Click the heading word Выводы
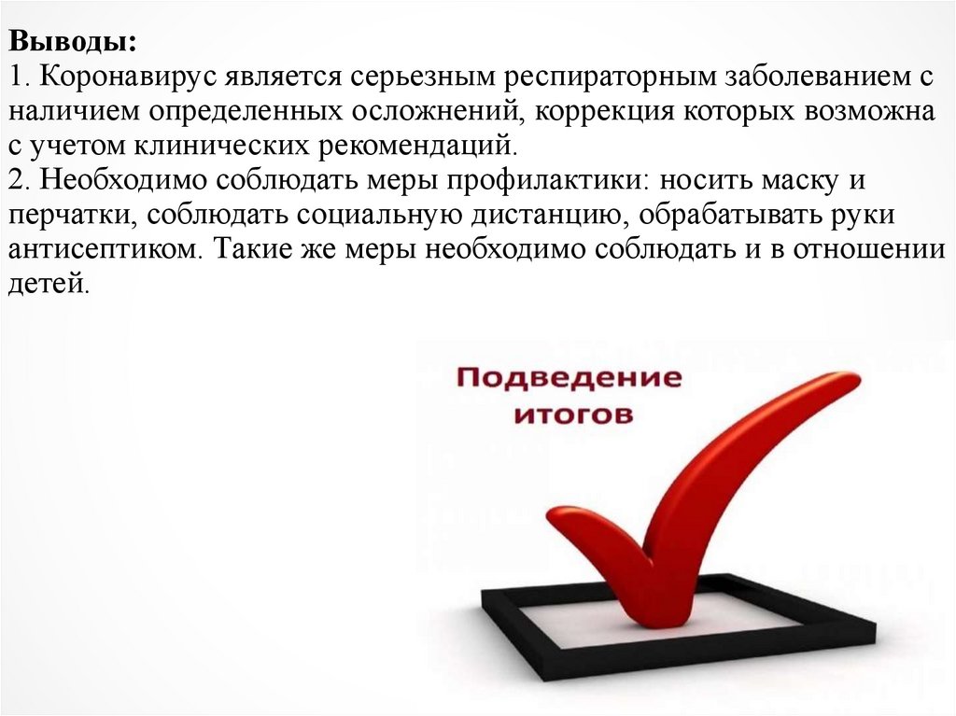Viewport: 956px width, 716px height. [72, 43]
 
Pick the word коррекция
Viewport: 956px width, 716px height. [615, 112]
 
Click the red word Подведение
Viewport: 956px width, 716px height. [569, 379]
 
